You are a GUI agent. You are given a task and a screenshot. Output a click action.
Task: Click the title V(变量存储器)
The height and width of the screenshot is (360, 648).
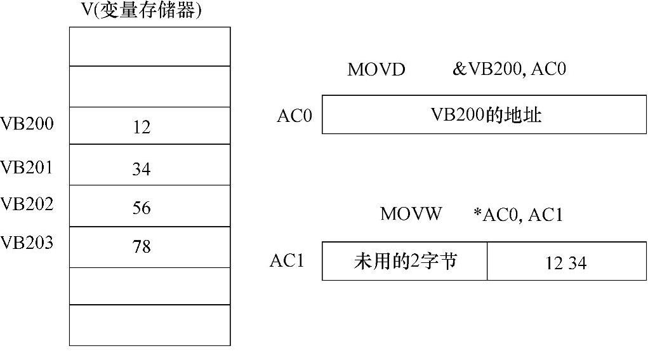tap(142, 11)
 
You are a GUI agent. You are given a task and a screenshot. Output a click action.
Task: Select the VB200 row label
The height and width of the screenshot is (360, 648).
tap(27, 124)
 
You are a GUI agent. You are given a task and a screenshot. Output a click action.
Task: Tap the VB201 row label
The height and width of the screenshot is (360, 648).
tap(27, 167)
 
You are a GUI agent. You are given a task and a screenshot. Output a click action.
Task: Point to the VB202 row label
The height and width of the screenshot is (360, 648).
tap(27, 204)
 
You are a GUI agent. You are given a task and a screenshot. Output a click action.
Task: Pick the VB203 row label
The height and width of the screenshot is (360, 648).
tap(27, 243)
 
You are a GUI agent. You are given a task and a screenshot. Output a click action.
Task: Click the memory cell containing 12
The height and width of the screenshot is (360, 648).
tap(150, 126)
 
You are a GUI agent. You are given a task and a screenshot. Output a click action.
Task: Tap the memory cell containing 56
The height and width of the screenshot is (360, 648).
tap(150, 206)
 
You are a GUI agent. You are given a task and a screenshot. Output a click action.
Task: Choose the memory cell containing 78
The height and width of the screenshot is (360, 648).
tap(150, 247)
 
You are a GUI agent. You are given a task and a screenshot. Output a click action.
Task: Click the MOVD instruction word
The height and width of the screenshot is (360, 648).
tap(376, 70)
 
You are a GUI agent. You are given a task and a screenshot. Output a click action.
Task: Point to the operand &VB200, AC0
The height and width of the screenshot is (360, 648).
tap(508, 69)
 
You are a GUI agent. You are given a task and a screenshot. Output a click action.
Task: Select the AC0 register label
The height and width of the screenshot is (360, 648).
tap(294, 116)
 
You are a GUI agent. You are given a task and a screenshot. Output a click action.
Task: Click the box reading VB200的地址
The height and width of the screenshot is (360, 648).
tap(484, 115)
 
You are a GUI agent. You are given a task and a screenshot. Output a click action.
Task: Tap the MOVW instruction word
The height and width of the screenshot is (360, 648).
tap(411, 214)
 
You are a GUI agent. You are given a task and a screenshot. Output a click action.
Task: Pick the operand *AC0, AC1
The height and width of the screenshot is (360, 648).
tap(518, 215)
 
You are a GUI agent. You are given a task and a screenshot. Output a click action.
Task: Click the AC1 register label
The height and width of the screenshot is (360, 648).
tap(287, 261)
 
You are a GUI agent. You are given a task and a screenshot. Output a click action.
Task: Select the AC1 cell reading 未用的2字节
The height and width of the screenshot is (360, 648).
tap(404, 261)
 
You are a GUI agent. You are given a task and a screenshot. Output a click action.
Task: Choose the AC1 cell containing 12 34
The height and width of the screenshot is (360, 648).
tap(567, 261)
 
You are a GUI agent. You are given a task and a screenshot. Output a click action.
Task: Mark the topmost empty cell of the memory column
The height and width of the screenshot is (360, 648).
tap(150, 46)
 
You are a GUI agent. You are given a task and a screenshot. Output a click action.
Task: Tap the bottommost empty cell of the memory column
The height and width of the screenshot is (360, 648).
tap(150, 325)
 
